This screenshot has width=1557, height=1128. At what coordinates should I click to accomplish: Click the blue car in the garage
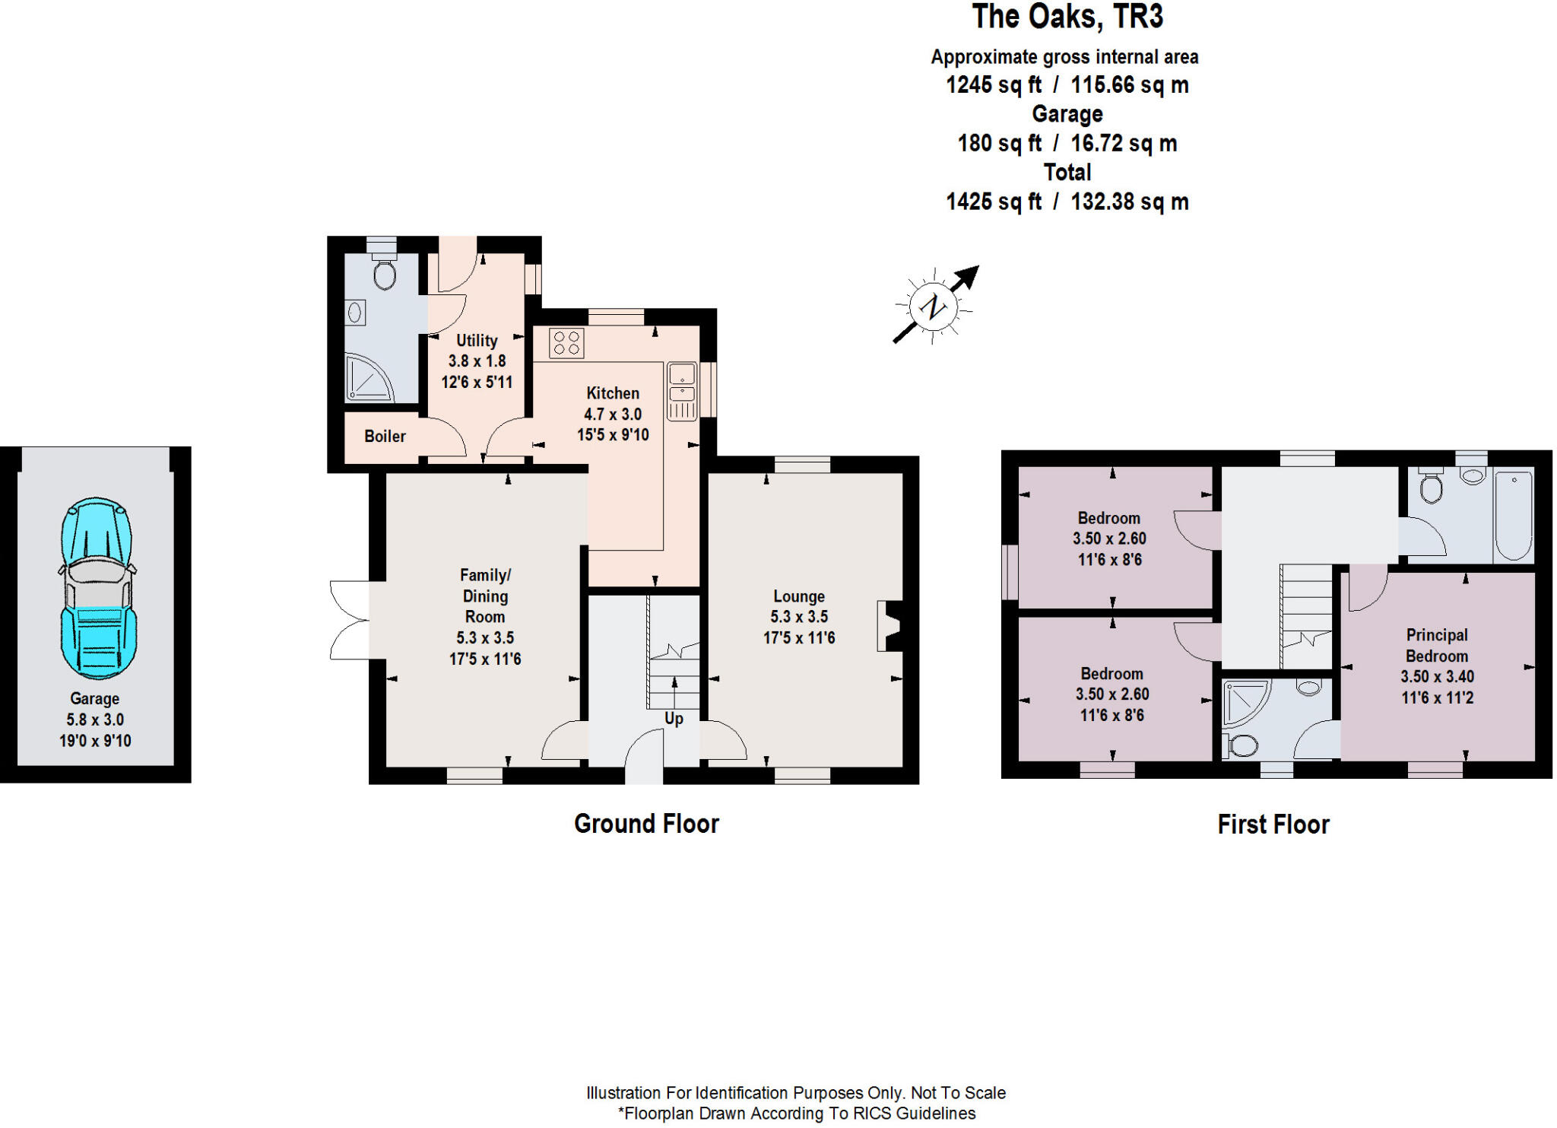[x=97, y=587]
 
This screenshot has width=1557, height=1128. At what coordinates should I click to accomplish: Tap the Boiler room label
[x=385, y=437]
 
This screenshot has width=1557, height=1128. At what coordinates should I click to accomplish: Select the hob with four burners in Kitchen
[x=566, y=342]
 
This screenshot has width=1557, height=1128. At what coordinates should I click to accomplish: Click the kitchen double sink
[x=682, y=391]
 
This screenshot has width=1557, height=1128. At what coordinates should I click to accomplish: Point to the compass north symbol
[x=933, y=307]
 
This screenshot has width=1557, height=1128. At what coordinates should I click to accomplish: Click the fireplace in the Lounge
[x=889, y=626]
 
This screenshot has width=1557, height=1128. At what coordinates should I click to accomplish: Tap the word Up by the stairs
[x=674, y=719]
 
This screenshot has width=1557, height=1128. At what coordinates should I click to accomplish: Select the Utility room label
[x=477, y=341]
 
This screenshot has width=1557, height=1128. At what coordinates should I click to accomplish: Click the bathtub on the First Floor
[x=1513, y=515]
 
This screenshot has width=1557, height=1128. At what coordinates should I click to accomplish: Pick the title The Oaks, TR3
[x=1067, y=17]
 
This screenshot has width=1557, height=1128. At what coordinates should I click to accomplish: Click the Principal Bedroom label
[x=1436, y=645]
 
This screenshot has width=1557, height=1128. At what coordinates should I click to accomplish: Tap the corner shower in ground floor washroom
[x=369, y=378]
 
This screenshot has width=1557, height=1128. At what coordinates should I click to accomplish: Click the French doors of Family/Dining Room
[x=350, y=620]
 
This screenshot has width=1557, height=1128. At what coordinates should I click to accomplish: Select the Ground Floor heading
[x=646, y=824]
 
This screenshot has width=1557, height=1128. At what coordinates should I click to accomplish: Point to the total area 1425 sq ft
[x=993, y=202]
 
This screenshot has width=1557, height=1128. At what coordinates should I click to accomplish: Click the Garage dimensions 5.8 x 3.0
[x=95, y=720]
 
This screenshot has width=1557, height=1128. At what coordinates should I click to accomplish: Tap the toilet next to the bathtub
[x=1432, y=488]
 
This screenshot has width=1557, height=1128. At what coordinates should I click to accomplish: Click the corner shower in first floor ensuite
[x=1245, y=704]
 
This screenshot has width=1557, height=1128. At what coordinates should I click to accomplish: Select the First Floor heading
[x=1273, y=825]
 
